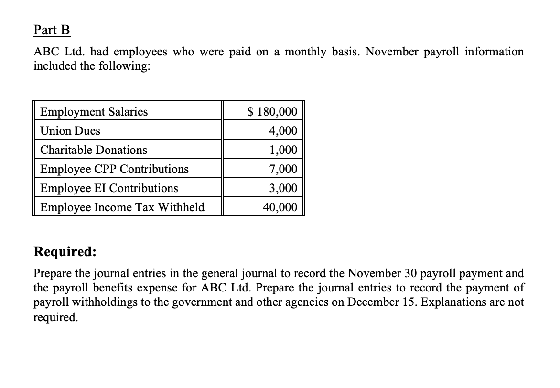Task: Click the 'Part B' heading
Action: click(x=52, y=30)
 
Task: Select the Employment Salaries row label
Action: click(x=94, y=112)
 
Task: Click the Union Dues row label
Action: click(x=70, y=131)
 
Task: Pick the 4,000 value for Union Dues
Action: click(x=283, y=131)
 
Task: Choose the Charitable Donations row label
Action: click(x=94, y=150)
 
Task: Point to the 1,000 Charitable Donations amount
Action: click(x=283, y=150)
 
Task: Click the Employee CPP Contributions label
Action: click(x=114, y=169)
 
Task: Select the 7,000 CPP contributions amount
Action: click(x=283, y=169)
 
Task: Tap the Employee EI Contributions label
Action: click(x=109, y=188)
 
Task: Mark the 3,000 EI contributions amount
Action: click(x=283, y=188)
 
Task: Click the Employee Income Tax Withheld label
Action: click(x=122, y=207)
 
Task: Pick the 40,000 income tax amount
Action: click(x=280, y=207)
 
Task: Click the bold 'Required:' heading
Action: click(x=65, y=252)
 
